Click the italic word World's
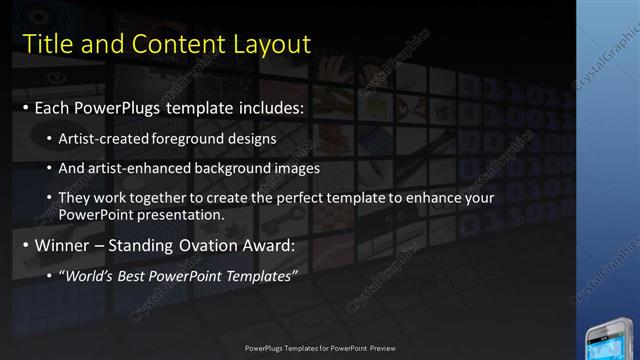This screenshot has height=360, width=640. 88,275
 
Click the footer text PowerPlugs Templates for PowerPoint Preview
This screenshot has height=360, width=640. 319,348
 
